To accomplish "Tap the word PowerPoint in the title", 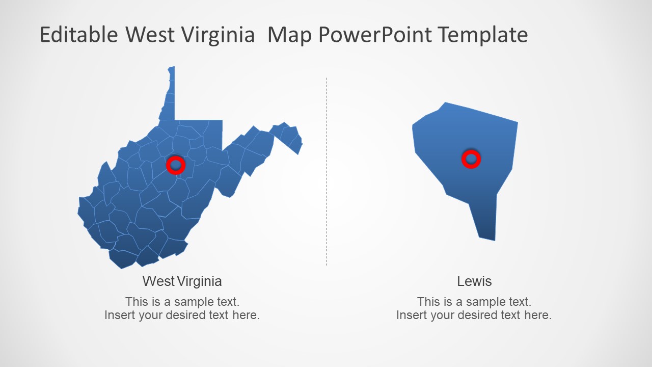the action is pyautogui.click(x=375, y=35).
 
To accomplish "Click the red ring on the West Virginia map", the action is pyautogui.click(x=176, y=165).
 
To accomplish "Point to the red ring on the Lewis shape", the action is pyautogui.click(x=471, y=159).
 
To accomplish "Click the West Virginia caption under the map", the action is pyautogui.click(x=182, y=281).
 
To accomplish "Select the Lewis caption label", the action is pyautogui.click(x=474, y=281).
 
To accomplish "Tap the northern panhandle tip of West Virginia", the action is pyautogui.click(x=172, y=71).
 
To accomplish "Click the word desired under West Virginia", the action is pyautogui.click(x=185, y=315).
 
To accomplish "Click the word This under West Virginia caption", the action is pyautogui.click(x=136, y=301).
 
